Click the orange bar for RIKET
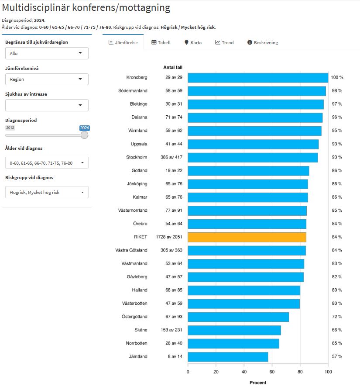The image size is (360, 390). click(247, 237)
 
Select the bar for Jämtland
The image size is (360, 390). click(228, 357)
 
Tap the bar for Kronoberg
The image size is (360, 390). click(257, 78)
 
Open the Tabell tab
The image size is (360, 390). click(161, 43)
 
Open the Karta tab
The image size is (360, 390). click(193, 43)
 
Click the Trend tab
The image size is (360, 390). click(224, 43)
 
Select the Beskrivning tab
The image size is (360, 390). click(263, 43)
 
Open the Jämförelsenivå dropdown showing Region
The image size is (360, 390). click(47, 79)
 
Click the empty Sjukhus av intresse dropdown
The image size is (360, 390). click(47, 105)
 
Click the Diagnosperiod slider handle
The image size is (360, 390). click(85, 135)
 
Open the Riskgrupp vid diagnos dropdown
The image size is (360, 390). click(47, 192)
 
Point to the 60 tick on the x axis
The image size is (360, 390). click(272, 372)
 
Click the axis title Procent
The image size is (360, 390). click(258, 383)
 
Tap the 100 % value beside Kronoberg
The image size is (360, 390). click(337, 78)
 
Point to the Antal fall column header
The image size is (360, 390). click(173, 67)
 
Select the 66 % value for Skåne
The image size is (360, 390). click(336, 330)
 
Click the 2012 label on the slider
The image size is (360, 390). click(10, 128)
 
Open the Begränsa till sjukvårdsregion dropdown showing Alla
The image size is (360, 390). click(47, 53)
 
